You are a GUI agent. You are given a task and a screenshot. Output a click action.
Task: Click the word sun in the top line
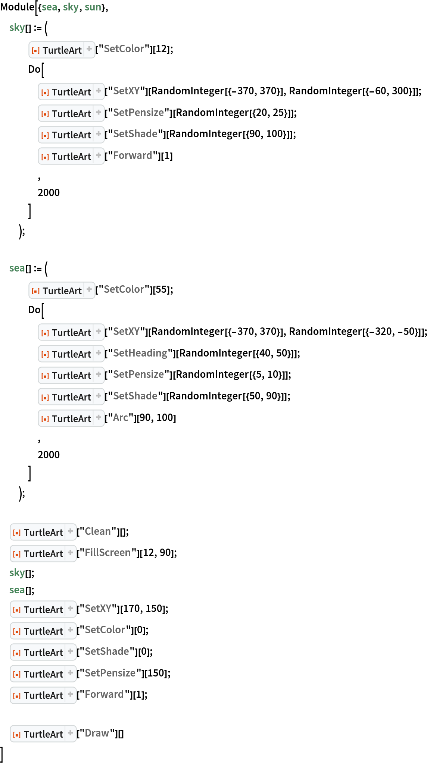coord(93,7)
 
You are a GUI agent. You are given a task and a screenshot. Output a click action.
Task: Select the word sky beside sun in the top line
coord(71,7)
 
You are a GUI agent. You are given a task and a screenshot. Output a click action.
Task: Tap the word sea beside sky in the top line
coord(49,7)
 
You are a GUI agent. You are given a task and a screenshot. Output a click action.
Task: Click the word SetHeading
coord(140,353)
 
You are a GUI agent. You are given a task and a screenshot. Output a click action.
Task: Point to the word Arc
coord(120,418)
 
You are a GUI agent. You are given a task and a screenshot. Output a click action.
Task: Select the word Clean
coord(97,531)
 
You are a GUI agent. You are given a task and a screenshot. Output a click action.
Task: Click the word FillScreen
coord(107,553)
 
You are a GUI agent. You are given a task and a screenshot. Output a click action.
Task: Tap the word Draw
coord(97,733)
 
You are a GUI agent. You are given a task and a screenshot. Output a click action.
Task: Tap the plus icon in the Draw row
coord(71,733)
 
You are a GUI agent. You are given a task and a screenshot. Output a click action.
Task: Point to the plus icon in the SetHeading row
coord(99,353)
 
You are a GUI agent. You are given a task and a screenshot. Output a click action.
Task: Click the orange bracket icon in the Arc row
coord(45,419)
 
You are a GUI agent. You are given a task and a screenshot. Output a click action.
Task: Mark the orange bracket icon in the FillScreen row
coord(17,554)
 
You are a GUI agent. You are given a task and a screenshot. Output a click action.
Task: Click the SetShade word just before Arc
coord(135,396)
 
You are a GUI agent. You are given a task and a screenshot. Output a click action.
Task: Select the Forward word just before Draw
coord(104,694)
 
